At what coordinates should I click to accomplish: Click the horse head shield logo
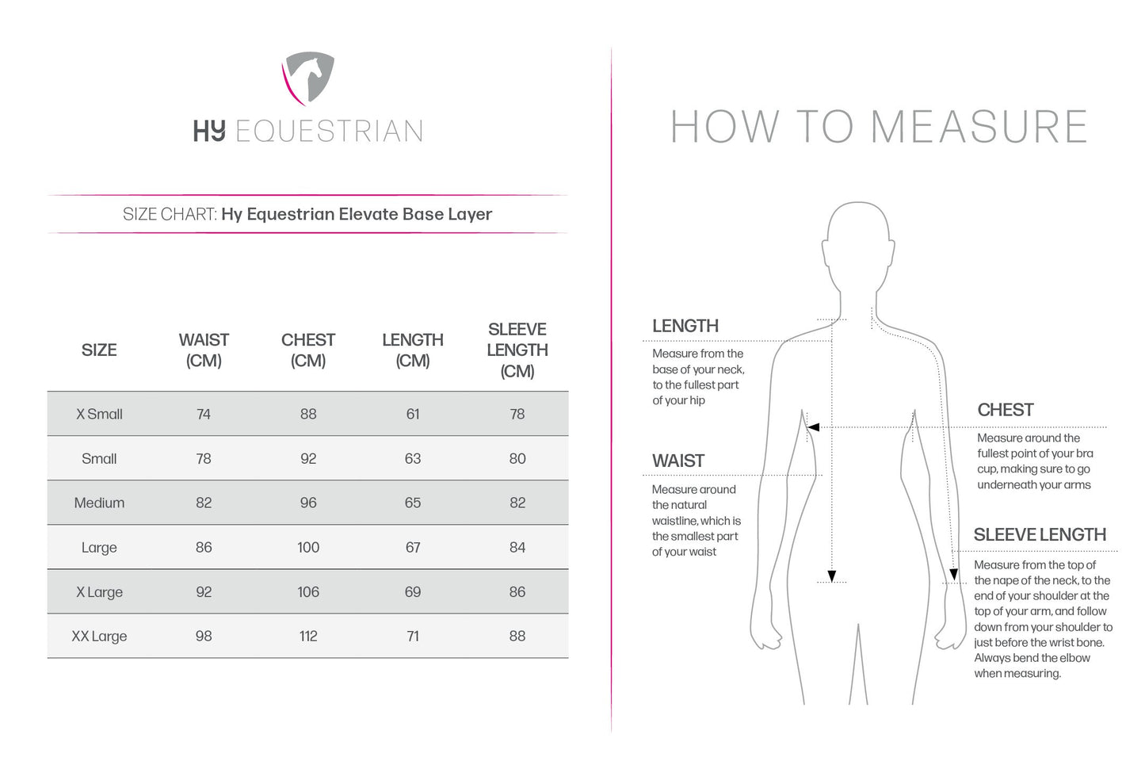(308, 78)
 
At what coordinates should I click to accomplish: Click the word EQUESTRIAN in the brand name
(329, 132)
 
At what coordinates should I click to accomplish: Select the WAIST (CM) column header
(204, 350)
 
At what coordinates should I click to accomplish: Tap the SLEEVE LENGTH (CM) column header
(517, 350)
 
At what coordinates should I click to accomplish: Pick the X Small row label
(99, 414)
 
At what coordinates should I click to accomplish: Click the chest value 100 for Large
(308, 547)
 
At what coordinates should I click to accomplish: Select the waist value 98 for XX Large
(204, 636)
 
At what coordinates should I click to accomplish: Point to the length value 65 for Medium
(413, 503)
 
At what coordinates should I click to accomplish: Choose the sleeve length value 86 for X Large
(517, 591)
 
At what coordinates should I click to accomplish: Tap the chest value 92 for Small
(308, 458)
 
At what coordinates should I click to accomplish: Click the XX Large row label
(99, 636)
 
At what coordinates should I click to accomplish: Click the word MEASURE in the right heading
(979, 127)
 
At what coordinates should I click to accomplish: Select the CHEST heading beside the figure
(1006, 410)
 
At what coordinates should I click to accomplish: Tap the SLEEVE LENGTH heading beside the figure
(1040, 535)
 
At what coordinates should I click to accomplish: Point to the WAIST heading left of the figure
(678, 461)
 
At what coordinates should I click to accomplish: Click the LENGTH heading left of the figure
(685, 326)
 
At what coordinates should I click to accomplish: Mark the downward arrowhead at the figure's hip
(831, 576)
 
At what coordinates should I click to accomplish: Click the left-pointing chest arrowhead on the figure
(813, 427)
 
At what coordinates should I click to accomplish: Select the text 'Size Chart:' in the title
(170, 214)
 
